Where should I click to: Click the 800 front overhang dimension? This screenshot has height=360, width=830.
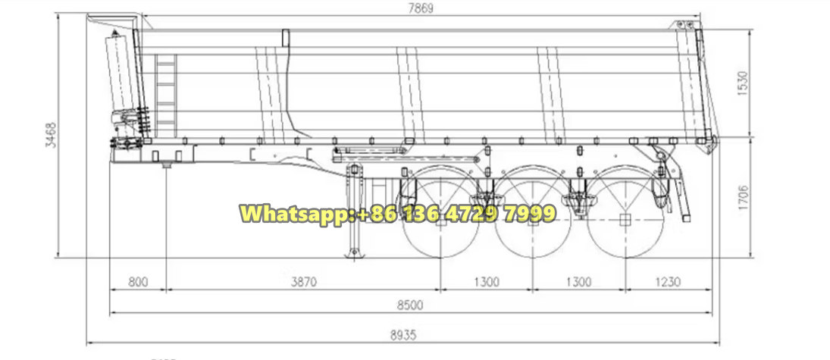(137, 281)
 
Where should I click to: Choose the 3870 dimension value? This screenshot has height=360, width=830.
(303, 281)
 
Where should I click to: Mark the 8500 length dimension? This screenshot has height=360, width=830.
(410, 305)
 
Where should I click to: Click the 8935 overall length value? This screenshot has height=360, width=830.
(402, 334)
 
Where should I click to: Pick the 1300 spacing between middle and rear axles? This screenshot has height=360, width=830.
(578, 281)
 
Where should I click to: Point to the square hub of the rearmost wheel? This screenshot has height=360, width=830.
(625, 220)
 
